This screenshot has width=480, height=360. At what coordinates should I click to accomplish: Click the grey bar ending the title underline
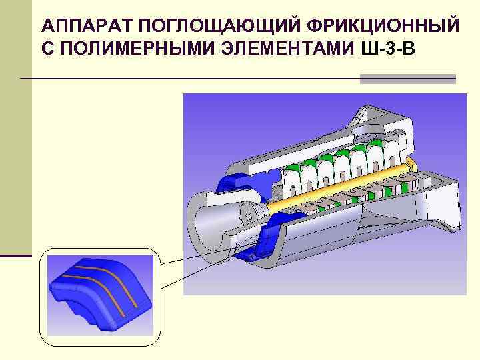407,79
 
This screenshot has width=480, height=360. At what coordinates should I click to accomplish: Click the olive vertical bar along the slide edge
15,133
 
